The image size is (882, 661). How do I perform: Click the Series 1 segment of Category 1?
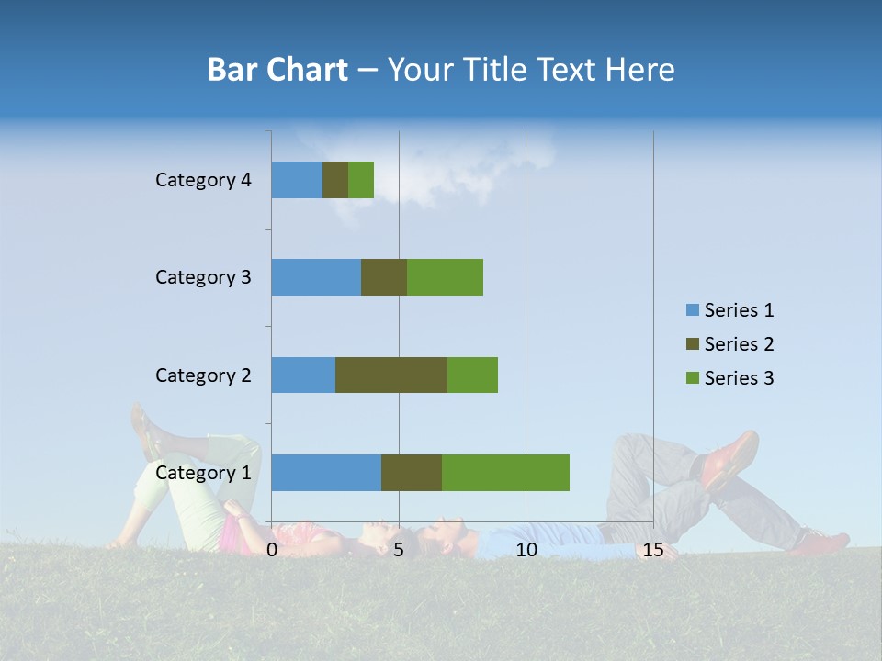326,473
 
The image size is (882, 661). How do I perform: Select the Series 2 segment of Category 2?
391,375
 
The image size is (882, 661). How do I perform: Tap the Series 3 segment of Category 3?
445,277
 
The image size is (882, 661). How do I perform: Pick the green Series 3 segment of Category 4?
361,180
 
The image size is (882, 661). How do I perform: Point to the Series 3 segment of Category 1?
505,473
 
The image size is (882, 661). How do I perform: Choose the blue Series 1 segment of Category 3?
316,277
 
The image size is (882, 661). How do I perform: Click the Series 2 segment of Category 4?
335,180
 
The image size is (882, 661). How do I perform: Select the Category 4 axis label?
203,180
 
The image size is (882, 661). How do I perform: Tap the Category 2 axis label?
203,375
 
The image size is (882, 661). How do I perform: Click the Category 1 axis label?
203,473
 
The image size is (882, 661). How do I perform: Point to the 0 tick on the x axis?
272,550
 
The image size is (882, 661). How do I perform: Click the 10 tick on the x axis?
526,550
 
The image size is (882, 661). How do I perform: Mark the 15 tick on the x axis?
653,550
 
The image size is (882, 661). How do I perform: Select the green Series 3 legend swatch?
692,378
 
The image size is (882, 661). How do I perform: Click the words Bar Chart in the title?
277,70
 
